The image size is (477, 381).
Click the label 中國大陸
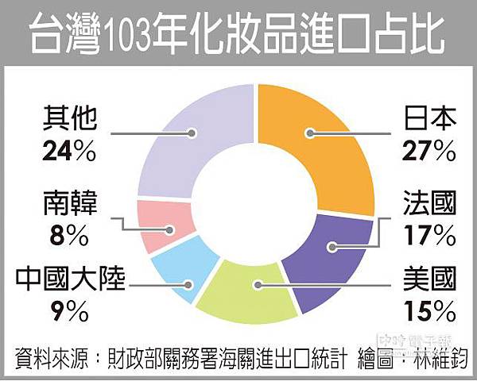[70, 280]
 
